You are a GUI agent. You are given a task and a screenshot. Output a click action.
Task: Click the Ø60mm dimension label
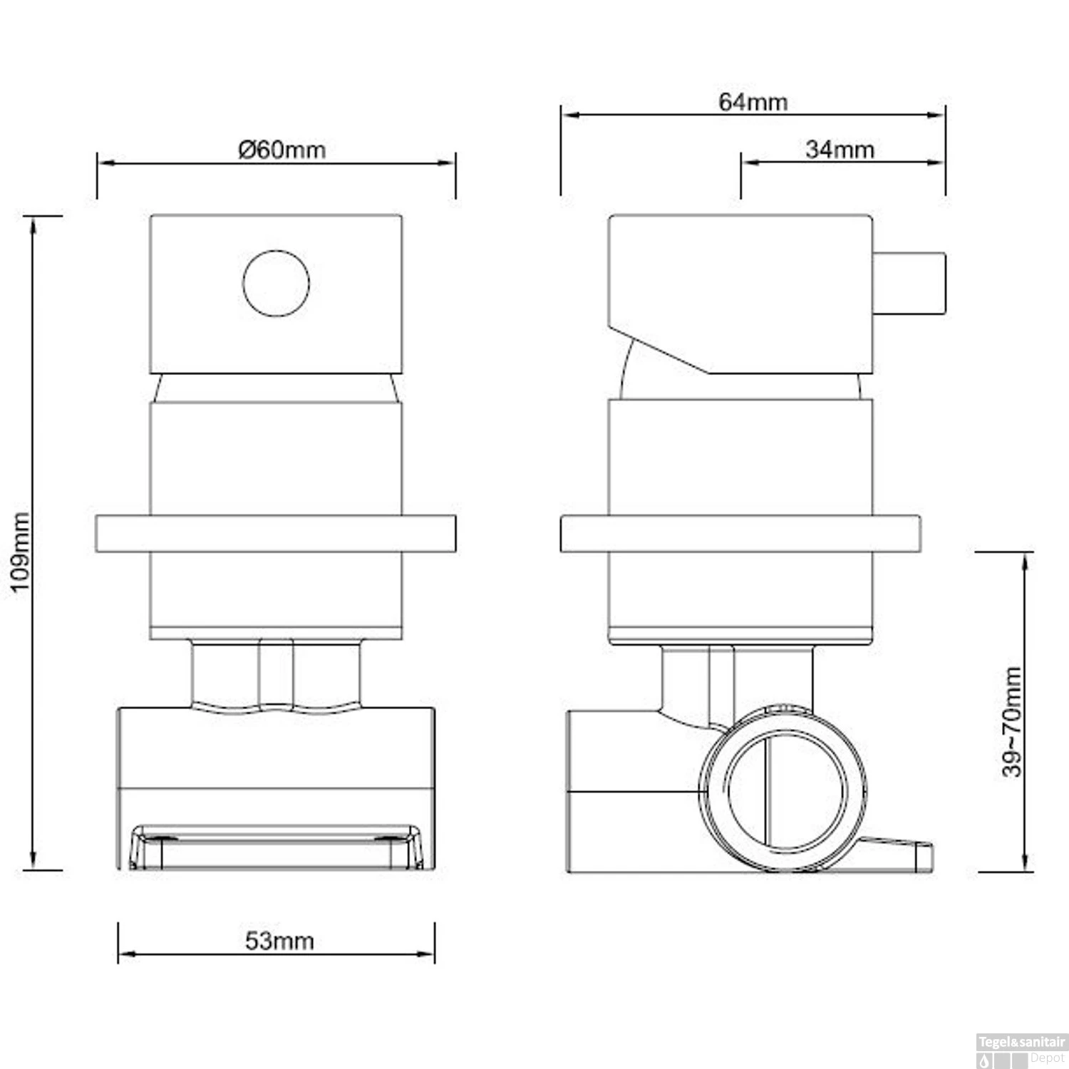(x=282, y=150)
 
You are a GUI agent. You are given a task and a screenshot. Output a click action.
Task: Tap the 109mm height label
(x=21, y=551)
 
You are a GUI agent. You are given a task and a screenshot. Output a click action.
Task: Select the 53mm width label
(x=279, y=941)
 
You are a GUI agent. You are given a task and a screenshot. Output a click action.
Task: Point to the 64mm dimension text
(x=753, y=102)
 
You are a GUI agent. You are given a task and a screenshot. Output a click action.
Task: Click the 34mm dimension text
(x=840, y=150)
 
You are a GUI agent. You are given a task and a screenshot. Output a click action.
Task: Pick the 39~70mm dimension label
(x=1012, y=721)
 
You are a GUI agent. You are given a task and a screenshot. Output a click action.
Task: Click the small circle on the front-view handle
(x=276, y=283)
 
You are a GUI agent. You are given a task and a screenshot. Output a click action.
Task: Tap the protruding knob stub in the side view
(x=909, y=282)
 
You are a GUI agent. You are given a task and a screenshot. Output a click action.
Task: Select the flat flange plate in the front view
(x=276, y=533)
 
